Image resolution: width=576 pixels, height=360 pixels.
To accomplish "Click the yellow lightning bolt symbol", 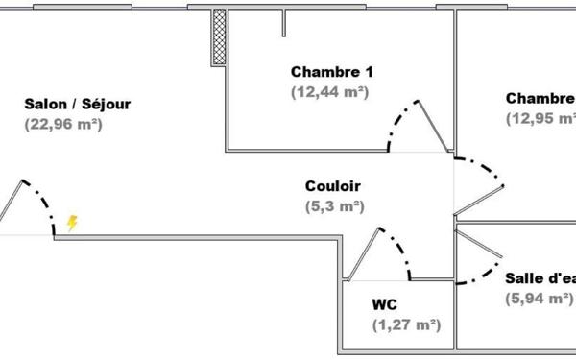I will (72, 224).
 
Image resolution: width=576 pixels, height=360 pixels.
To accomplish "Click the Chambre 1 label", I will (330, 72).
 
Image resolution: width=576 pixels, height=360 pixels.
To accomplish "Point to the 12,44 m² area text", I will (330, 92).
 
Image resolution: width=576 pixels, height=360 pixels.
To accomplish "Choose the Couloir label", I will (333, 185).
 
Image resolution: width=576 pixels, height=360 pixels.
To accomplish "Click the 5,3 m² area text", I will (334, 205).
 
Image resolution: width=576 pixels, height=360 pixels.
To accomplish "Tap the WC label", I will (385, 304).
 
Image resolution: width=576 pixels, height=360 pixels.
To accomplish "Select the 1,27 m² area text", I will (406, 324).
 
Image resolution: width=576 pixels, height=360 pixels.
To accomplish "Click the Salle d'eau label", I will (540, 278).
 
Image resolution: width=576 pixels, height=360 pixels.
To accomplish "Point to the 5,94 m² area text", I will (539, 298).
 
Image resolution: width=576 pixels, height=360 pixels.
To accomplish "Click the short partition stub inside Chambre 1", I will (283, 23).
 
